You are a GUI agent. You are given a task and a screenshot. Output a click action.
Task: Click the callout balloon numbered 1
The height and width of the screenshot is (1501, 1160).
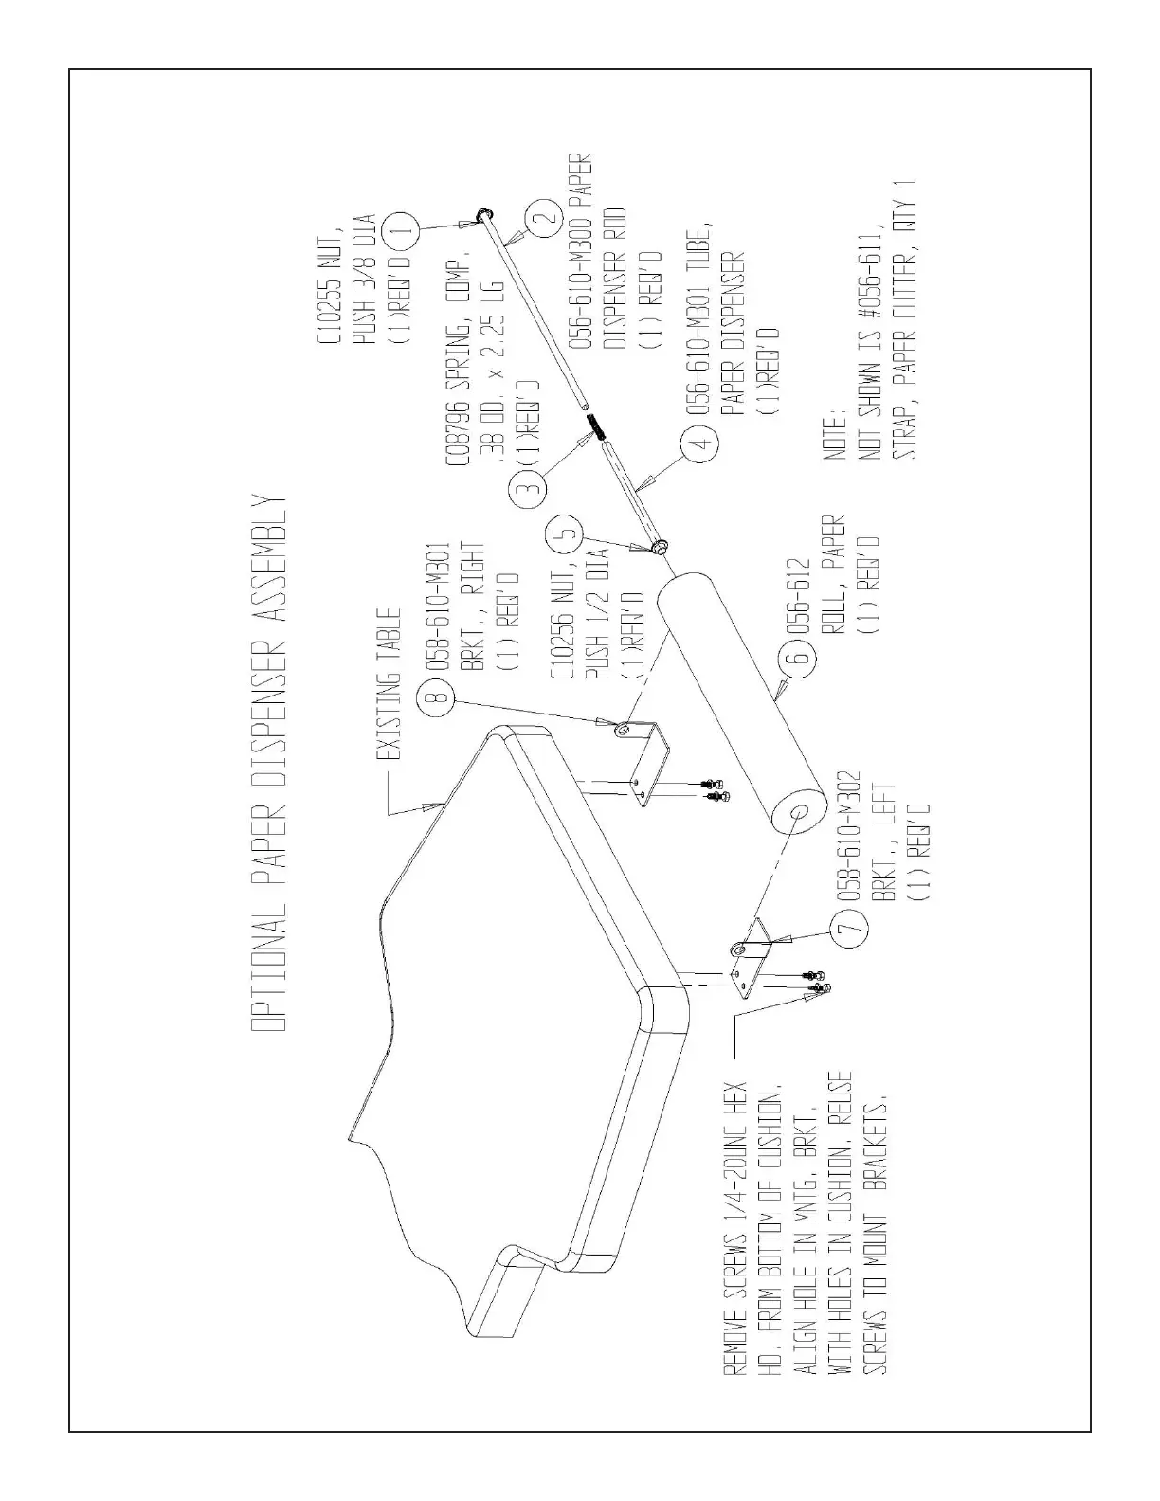403,228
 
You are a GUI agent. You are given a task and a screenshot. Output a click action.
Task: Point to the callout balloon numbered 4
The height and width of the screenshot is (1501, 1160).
699,446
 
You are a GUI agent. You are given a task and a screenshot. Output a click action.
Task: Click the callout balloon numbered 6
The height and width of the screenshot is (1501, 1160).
798,655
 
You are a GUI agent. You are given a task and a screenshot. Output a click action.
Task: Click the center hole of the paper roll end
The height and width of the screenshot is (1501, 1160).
796,812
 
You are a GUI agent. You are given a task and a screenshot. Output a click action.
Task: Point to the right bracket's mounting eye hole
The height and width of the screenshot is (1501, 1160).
623,731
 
